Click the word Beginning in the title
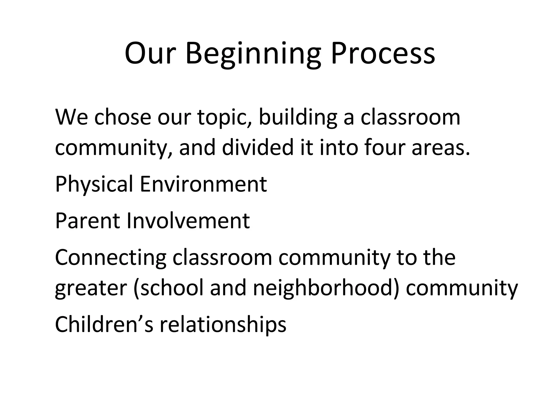(253, 54)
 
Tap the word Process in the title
(383, 54)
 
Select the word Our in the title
(149, 54)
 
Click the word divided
(257, 148)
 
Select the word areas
(441, 148)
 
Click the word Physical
(94, 184)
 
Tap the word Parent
(87, 221)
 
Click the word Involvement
(188, 221)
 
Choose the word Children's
(104, 325)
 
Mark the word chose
(123, 117)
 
